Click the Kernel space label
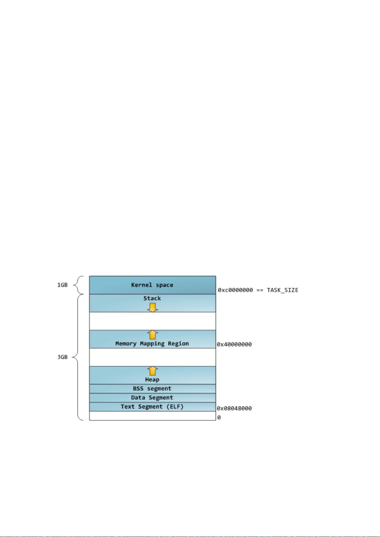pos(152,285)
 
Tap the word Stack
pos(152,298)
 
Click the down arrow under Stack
pos(152,307)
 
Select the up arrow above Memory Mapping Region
pos(152,335)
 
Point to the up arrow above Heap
pos(152,371)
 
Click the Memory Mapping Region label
pos(152,344)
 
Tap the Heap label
pos(152,380)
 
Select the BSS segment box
pos(152,389)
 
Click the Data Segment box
pos(152,398)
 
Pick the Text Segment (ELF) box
pos(152,407)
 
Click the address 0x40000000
pos(234,344)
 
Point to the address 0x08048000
pos(234,408)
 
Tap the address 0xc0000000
pos(235,290)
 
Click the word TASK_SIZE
pos(282,290)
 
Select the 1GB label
pos(62,285)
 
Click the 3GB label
pos(62,357)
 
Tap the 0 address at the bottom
pos(219,417)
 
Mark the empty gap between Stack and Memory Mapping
pos(152,321)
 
